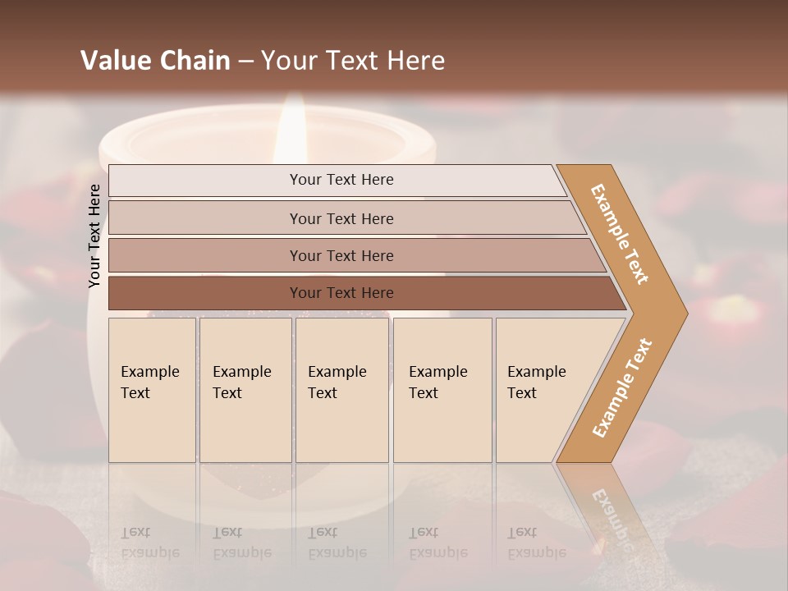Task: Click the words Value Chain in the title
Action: (x=155, y=60)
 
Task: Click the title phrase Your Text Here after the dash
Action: (x=353, y=60)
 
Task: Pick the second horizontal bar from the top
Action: (x=341, y=218)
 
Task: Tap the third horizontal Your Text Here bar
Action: (x=341, y=255)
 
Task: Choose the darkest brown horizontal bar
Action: (x=341, y=293)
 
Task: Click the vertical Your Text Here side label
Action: (x=94, y=236)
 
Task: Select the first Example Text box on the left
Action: (x=151, y=389)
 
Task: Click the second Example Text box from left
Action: (x=245, y=389)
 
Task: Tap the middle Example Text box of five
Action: (x=341, y=389)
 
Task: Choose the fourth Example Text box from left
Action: (x=442, y=389)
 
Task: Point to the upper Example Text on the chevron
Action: (x=620, y=233)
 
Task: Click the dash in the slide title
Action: (x=245, y=61)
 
